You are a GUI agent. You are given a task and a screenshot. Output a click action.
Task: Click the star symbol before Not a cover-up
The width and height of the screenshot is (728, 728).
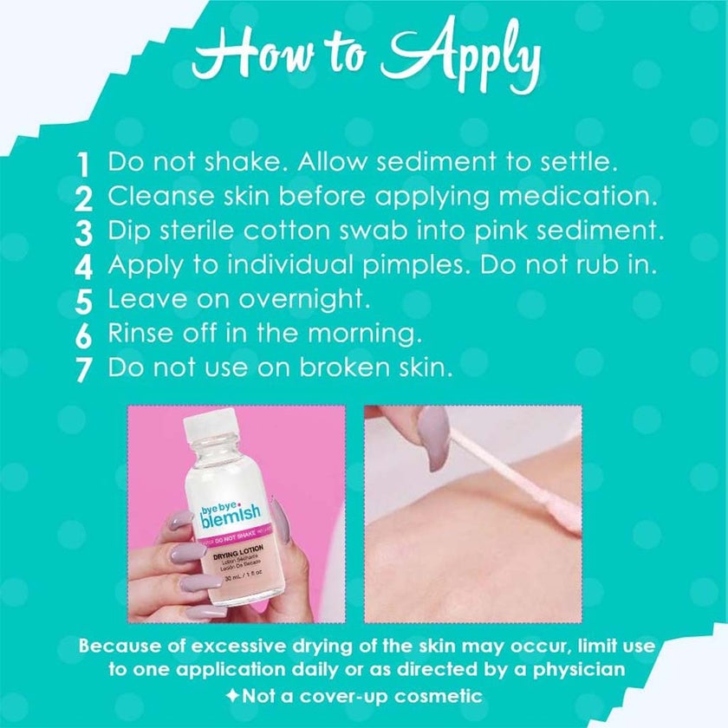(236, 696)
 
